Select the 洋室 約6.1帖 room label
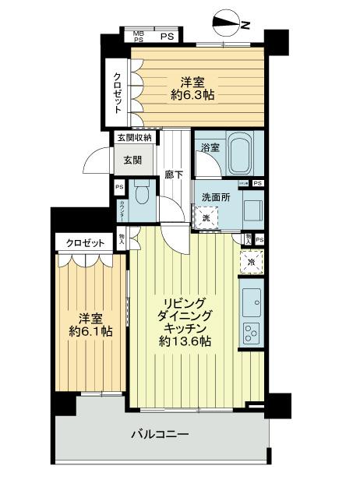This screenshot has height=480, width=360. (x=90, y=324)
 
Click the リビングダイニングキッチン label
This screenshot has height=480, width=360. (x=184, y=321)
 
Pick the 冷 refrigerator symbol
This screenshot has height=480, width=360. (x=252, y=263)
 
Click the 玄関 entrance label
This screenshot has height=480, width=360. (x=132, y=161)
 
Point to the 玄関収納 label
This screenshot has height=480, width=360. (x=135, y=138)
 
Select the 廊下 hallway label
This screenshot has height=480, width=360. (x=174, y=175)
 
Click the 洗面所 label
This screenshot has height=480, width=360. (x=216, y=197)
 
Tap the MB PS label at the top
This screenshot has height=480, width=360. (x=138, y=35)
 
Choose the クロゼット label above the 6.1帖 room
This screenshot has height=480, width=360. (x=86, y=243)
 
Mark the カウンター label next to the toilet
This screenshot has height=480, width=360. (x=121, y=210)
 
